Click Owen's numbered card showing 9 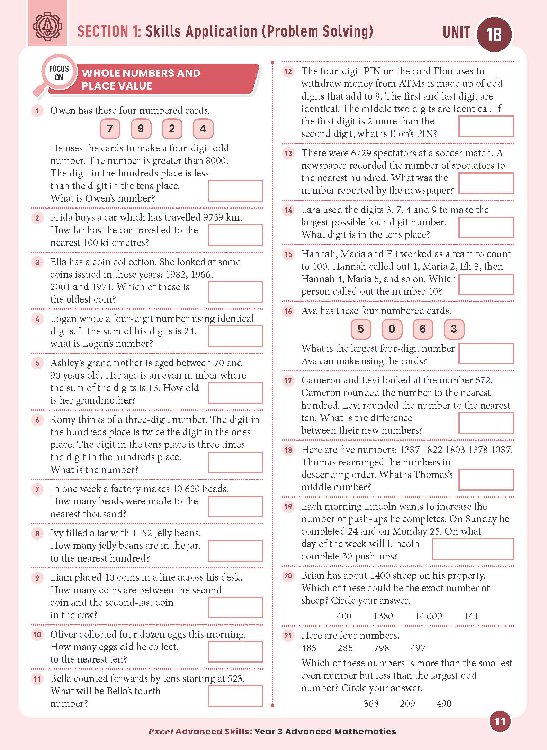click(141, 129)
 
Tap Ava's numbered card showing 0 click(392, 329)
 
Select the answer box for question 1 click(235, 191)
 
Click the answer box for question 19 click(473, 549)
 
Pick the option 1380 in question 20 click(383, 616)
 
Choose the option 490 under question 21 click(444, 703)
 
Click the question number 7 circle click(37, 489)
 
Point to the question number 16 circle click(288, 311)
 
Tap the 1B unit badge click(494, 35)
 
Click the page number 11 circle click(500, 722)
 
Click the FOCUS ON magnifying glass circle click(59, 73)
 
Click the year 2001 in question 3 click(60, 287)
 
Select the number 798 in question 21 click(382, 648)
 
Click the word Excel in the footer click(161, 732)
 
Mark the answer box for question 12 click(486, 126)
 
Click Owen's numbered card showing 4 click(203, 129)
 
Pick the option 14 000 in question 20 click(428, 616)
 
